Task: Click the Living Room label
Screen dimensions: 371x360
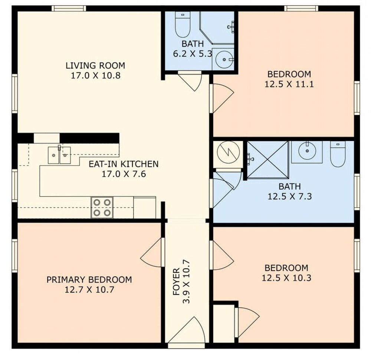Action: click(x=95, y=65)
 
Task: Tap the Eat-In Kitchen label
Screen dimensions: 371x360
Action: click(x=124, y=164)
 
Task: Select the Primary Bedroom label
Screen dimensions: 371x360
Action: click(x=89, y=279)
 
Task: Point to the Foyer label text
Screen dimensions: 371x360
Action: click(x=177, y=282)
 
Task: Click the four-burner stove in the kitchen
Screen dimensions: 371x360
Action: click(x=102, y=207)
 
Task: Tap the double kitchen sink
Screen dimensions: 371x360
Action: click(x=59, y=155)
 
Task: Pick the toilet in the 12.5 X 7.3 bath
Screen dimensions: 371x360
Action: click(x=338, y=154)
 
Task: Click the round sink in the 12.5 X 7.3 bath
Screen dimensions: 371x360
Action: click(x=307, y=151)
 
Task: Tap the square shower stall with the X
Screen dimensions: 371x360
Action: click(x=267, y=160)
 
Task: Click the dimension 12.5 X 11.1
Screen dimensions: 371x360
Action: click(x=289, y=84)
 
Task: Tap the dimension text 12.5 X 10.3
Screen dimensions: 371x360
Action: click(x=286, y=278)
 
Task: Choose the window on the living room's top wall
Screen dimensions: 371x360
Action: click(x=69, y=9)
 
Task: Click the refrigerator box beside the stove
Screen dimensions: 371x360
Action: click(x=145, y=207)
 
